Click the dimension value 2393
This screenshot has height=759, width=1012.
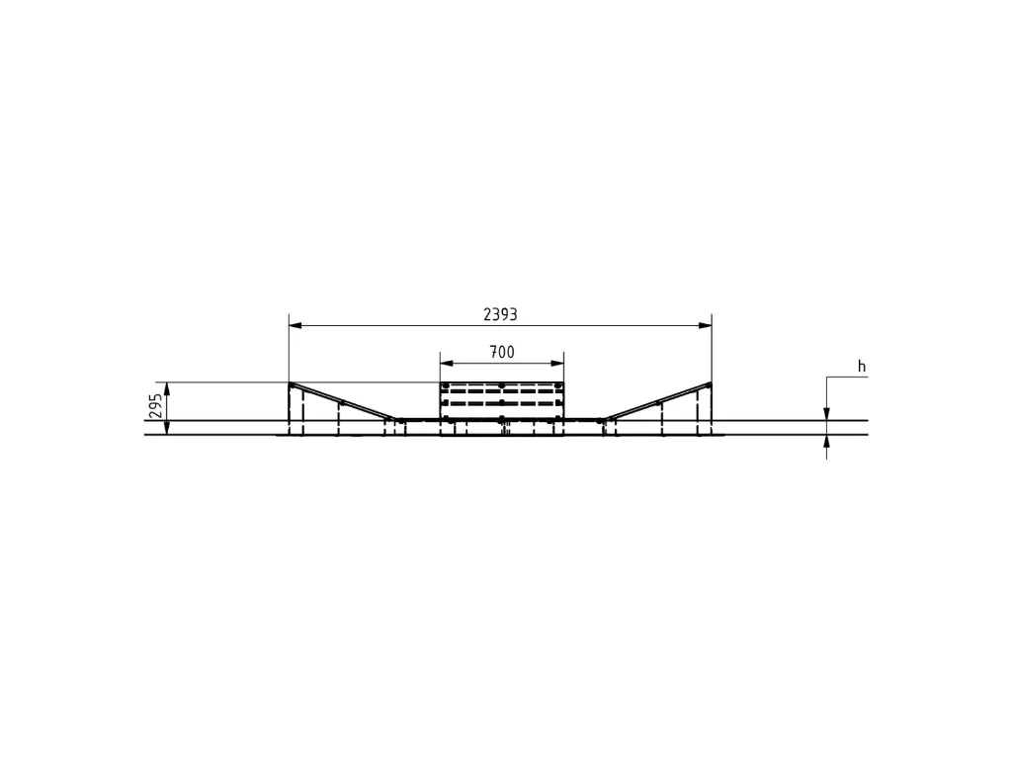coord(500,314)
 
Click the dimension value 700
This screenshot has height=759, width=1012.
coord(502,352)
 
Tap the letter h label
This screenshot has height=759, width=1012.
coord(861,367)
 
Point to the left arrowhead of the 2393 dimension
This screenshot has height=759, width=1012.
coord(294,325)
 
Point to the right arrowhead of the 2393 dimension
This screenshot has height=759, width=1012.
coord(707,325)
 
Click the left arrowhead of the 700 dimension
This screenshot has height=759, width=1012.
coord(445,363)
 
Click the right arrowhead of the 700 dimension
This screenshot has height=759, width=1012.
coord(558,363)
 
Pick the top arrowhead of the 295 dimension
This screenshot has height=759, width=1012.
coord(167,387)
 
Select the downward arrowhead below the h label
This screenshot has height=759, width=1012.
coord(826,414)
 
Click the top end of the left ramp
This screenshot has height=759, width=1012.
coord(291,384)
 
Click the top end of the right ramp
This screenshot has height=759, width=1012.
coord(710,384)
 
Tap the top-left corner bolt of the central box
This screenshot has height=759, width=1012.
coord(446,385)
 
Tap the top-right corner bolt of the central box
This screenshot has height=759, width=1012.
coord(558,385)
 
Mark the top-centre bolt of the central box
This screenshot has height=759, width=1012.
coord(502,385)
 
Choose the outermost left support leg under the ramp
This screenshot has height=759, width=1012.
coord(291,410)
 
